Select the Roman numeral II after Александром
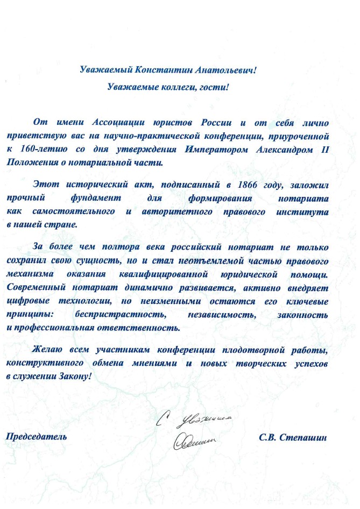pos(339,148)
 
